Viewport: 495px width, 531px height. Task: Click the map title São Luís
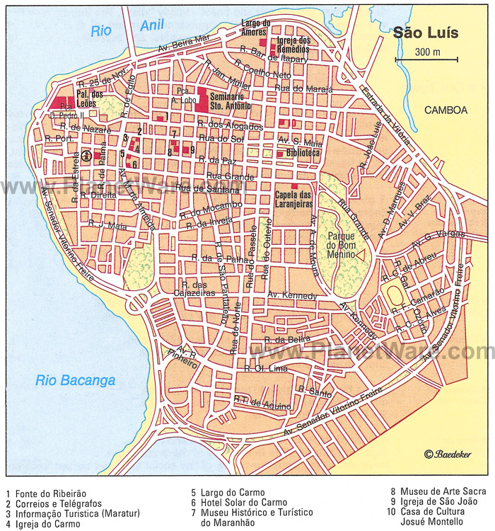pyautogui.click(x=426, y=33)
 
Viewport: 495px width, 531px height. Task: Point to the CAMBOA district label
pyautogui.click(x=445, y=110)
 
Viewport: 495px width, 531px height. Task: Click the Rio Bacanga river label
pyautogui.click(x=75, y=381)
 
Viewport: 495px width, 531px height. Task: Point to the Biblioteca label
pyautogui.click(x=303, y=153)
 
